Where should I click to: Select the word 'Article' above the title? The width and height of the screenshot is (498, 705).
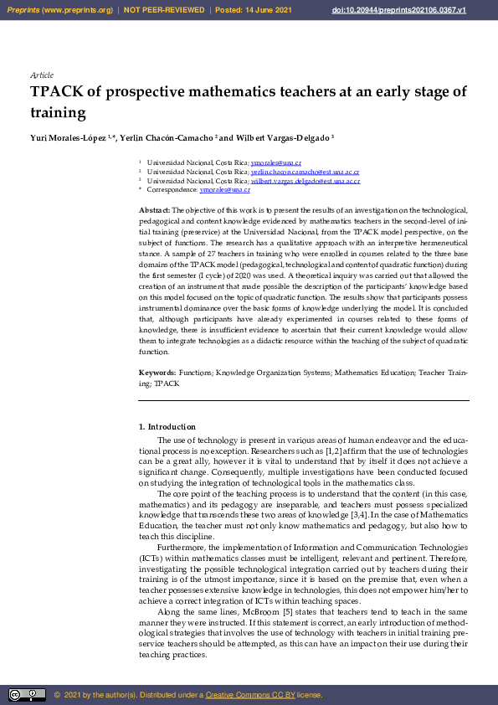[x=42, y=75]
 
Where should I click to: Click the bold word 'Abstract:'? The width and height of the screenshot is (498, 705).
[x=154, y=209]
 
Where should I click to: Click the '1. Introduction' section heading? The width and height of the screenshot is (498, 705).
[x=167, y=427]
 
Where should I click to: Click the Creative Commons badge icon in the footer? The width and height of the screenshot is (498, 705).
[x=27, y=694]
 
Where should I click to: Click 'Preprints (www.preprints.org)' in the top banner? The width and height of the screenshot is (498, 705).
[x=59, y=8]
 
